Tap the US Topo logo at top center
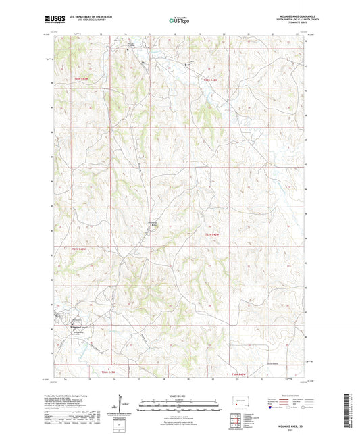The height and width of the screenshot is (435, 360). coord(179,22)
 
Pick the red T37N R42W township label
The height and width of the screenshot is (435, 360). coord(212,234)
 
